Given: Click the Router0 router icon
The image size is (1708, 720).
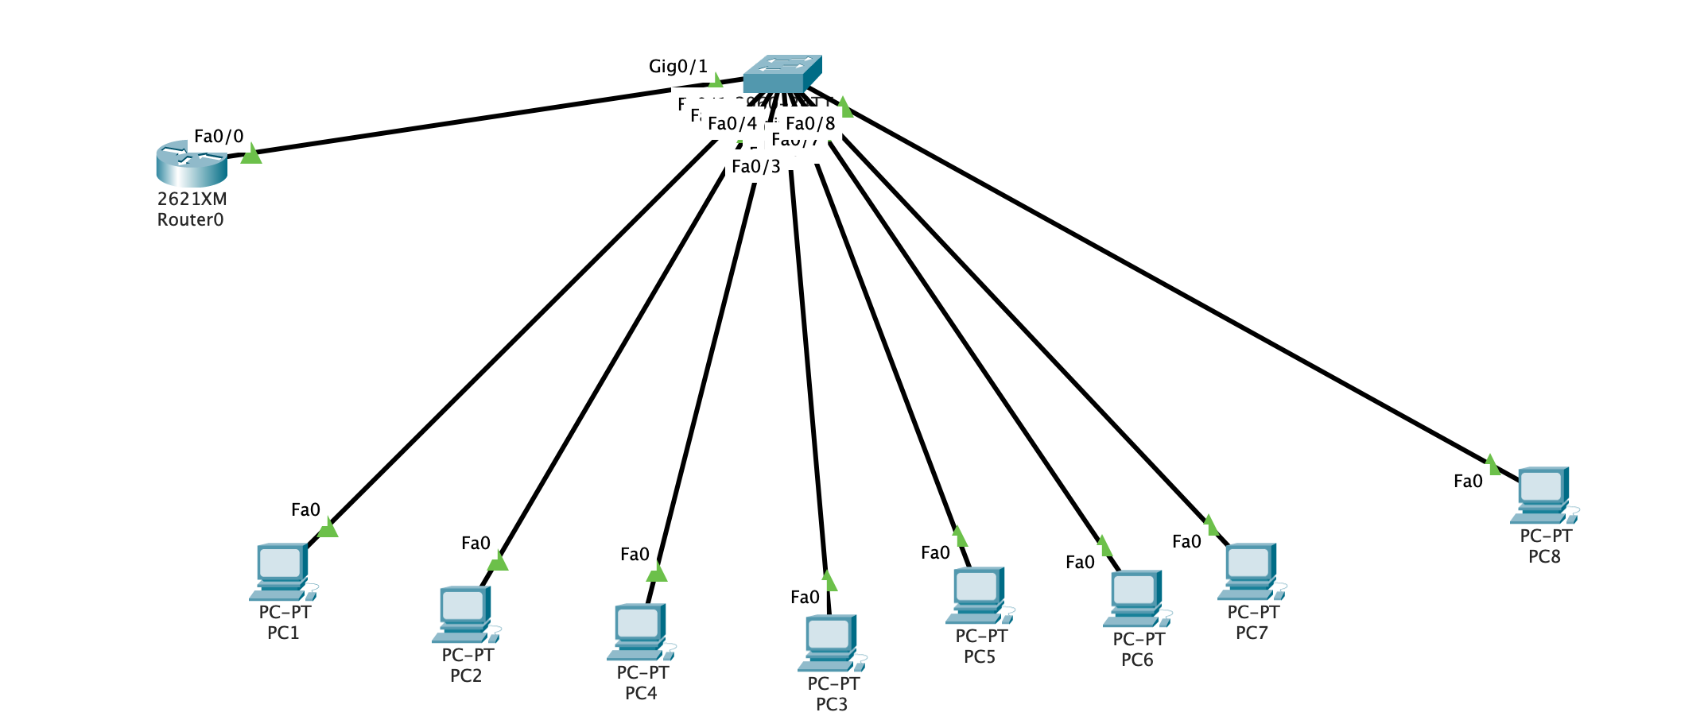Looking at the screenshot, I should click(x=192, y=163).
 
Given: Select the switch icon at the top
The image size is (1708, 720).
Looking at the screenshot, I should click(x=782, y=74).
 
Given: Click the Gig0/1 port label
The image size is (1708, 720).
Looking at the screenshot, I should click(x=677, y=67).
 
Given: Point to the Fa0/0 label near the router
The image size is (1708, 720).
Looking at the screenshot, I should click(x=219, y=137).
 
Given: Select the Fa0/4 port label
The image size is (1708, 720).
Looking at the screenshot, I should click(x=732, y=124).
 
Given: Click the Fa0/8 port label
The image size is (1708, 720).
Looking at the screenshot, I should click(x=810, y=124).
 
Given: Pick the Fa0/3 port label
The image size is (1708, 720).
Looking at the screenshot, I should click(x=755, y=167).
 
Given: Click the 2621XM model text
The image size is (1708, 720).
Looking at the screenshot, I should click(x=192, y=199).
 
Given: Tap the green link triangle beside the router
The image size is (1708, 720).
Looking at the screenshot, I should click(x=251, y=154).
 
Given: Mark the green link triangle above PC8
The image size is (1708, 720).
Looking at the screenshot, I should click(x=1492, y=465).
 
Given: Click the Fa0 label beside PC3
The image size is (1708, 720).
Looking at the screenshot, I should click(x=805, y=598).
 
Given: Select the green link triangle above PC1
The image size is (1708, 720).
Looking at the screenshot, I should click(x=328, y=528).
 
